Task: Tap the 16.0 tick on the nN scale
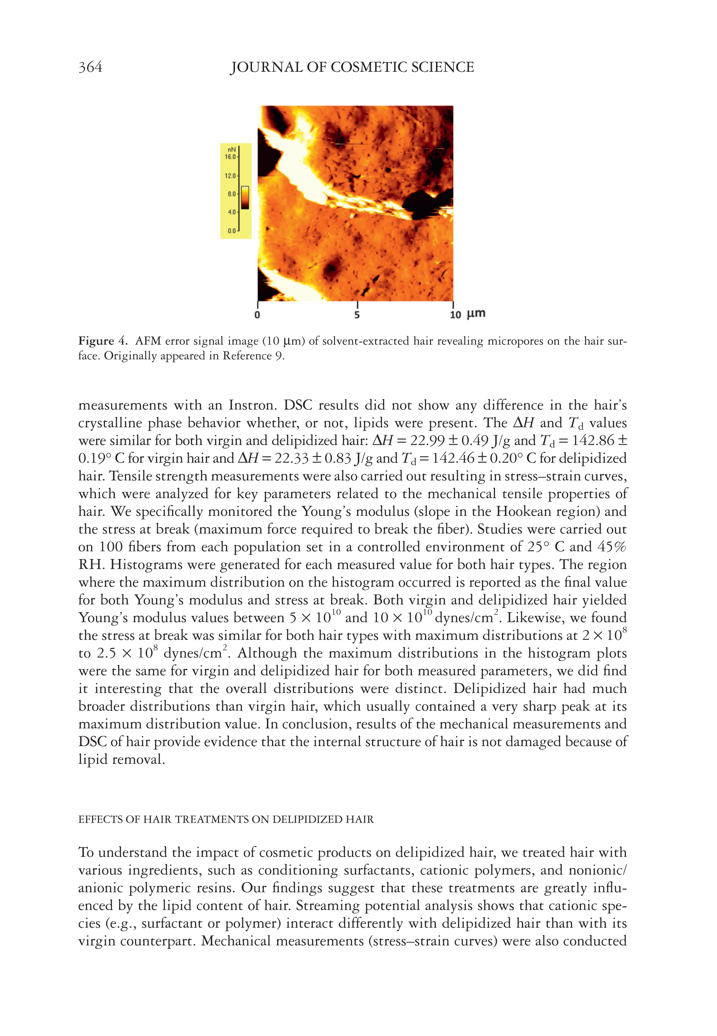[230, 157]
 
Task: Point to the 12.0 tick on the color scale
[230, 176]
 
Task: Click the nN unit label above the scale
[231, 150]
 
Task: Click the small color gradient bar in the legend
[245, 197]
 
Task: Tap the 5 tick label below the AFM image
[357, 315]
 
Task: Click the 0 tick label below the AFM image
[258, 315]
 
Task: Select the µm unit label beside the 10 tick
[476, 314]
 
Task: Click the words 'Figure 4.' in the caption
[103, 341]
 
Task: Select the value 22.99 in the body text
[427, 441]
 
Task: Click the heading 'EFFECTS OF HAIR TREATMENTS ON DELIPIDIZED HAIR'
[226, 820]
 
